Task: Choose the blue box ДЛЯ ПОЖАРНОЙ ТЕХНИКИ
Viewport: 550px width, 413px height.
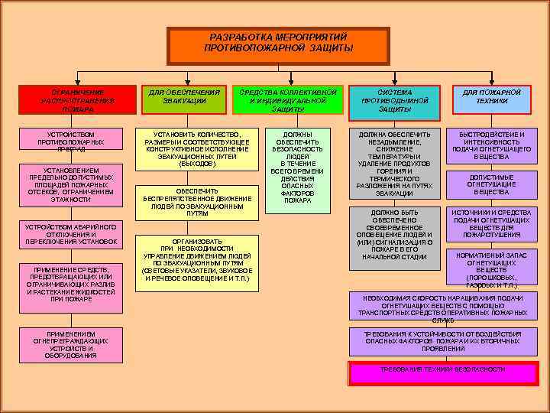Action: (491, 100)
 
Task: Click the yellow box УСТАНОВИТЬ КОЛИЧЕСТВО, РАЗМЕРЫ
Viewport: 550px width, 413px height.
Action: (192, 150)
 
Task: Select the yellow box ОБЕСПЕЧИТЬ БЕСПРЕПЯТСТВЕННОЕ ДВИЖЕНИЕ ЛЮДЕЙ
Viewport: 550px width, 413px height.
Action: (192, 202)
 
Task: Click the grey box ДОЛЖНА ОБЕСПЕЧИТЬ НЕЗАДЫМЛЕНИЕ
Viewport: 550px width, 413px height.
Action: (394, 164)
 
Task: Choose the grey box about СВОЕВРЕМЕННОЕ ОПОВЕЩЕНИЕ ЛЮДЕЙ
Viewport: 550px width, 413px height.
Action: (394, 236)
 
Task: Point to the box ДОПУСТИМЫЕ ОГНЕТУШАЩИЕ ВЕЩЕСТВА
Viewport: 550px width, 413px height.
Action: (491, 184)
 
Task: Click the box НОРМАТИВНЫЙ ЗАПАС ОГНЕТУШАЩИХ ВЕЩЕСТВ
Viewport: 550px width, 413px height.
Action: (491, 270)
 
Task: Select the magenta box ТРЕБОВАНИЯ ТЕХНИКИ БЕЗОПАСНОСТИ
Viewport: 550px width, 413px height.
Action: (443, 371)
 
